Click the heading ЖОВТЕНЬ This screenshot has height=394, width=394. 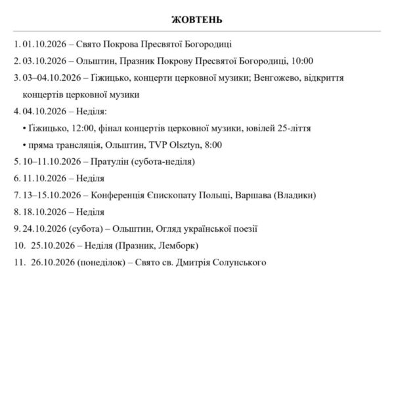point(197,18)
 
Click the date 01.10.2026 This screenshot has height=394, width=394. point(44,45)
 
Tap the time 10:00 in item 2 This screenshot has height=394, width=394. point(301,61)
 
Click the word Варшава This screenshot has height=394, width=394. point(251,195)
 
